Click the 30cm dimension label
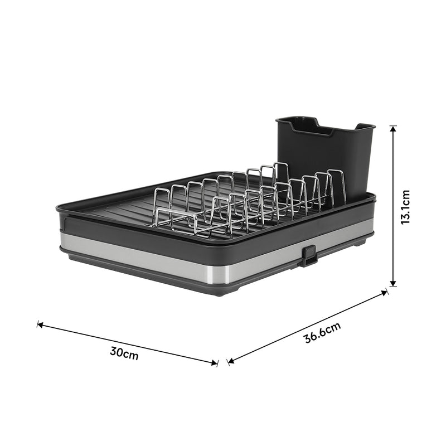(124, 353)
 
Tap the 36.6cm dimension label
(322, 333)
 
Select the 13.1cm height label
(405, 206)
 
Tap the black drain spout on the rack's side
(308, 255)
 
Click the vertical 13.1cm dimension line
(394, 167)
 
